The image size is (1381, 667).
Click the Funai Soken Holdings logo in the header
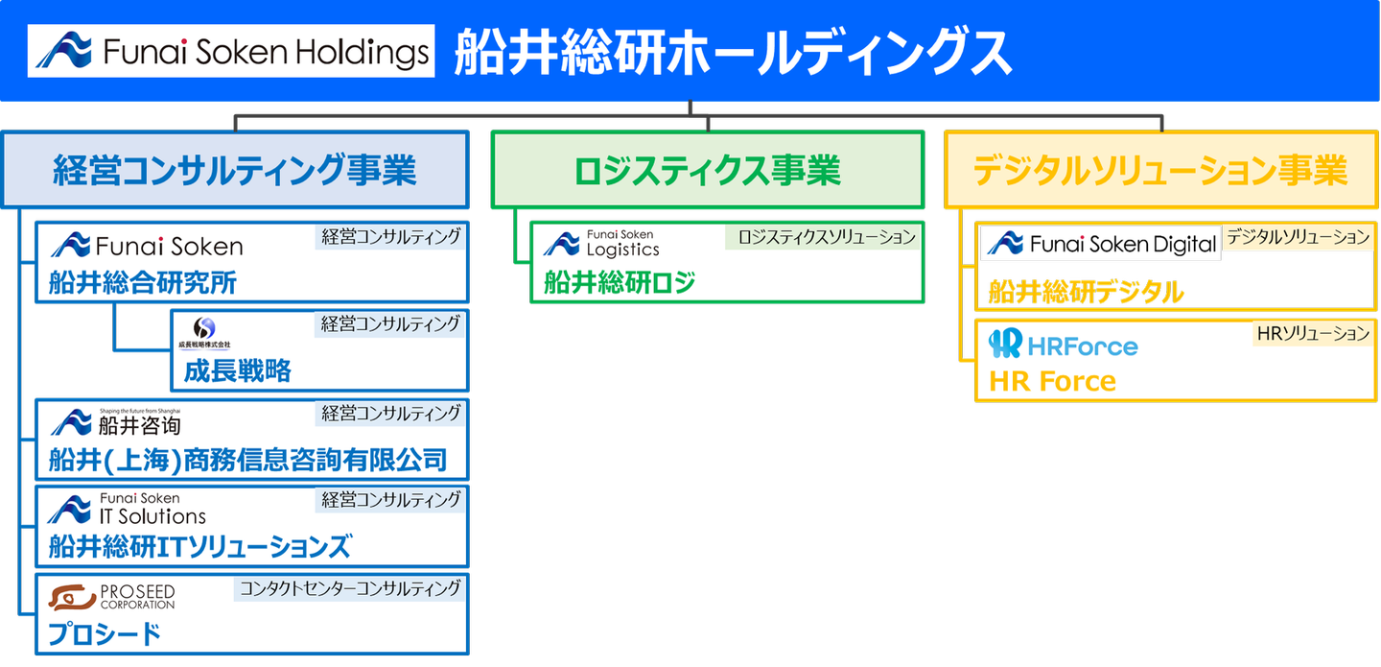pos(231,51)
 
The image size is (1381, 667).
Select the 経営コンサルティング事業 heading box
pos(235,170)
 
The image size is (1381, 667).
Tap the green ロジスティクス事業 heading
pos(707,170)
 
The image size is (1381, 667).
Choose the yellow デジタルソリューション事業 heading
pos(1160,170)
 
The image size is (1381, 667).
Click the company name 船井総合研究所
pos(143,283)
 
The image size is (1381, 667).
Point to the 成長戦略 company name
pos(237,370)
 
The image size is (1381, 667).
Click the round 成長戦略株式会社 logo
pos(204,331)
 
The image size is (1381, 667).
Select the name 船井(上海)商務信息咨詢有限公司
pos(247,460)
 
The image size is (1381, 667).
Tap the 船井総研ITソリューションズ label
pos(199,547)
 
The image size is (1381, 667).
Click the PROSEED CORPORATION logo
pos(113,597)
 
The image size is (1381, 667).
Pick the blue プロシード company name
pos(105,634)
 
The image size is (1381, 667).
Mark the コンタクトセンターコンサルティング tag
pos(349,587)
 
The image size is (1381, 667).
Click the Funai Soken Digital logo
pos(1100,245)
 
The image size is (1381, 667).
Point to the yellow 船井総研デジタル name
pos(1086,293)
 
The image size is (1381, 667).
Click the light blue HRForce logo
pos(1063,345)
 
